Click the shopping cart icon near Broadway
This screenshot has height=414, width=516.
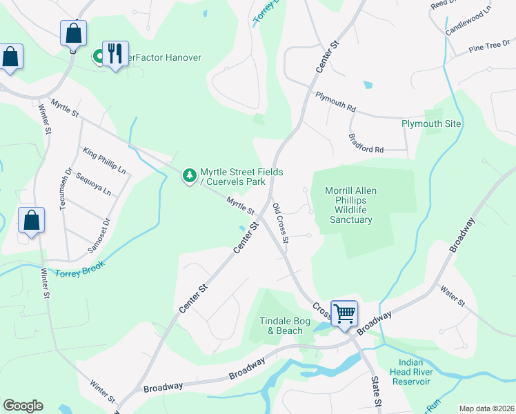click(x=344, y=313)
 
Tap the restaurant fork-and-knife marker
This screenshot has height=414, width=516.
click(x=115, y=53)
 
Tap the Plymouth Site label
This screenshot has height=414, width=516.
click(x=431, y=124)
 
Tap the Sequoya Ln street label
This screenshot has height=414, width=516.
click(x=93, y=185)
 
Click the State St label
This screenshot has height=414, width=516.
click(x=377, y=391)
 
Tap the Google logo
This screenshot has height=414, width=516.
click(x=23, y=406)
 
